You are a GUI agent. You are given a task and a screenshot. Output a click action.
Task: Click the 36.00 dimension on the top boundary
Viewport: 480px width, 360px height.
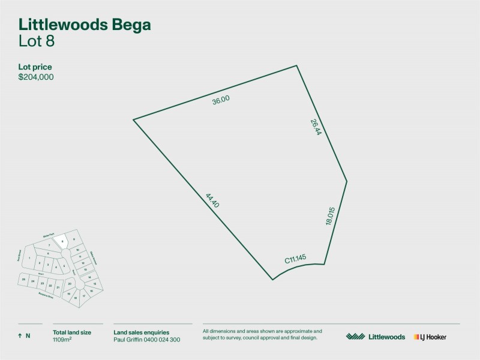click(x=221, y=101)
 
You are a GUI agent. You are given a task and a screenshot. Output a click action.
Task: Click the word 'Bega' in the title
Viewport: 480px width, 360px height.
click(x=130, y=25)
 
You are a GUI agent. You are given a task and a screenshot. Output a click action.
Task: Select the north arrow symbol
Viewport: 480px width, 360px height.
click(x=20, y=336)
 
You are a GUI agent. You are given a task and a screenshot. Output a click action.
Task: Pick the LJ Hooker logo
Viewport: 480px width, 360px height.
click(x=430, y=337)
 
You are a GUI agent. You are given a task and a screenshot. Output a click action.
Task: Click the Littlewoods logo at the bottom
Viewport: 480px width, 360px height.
click(x=376, y=337)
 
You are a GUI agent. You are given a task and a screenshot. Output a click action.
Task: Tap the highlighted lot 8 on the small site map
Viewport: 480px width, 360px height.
click(x=62, y=241)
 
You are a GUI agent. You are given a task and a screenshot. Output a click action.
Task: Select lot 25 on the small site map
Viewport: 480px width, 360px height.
click(x=23, y=280)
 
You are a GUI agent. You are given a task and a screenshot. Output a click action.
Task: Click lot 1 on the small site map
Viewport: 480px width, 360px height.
click(x=28, y=257)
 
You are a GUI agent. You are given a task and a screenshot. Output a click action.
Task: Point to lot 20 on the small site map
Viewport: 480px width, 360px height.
click(x=70, y=283)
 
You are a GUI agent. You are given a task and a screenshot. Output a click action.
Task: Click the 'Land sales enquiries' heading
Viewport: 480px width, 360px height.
click(x=141, y=332)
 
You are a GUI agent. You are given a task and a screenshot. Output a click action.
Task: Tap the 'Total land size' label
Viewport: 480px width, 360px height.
click(x=73, y=332)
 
